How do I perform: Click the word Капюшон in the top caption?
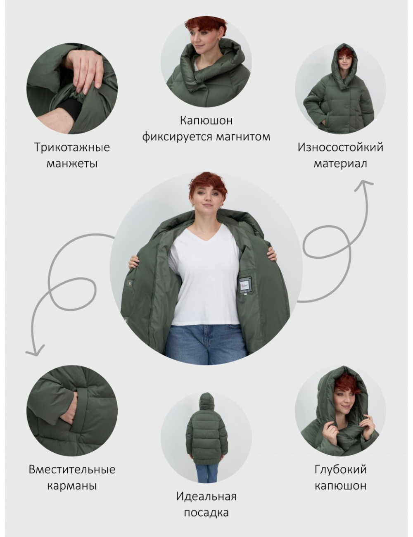[206, 121]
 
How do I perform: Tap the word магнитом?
[243, 136]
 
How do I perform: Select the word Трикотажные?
[72, 147]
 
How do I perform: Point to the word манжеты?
[72, 164]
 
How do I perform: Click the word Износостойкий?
[340, 147]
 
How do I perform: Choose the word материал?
[340, 164]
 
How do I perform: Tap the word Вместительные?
[72, 469]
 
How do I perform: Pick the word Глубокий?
[340, 469]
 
